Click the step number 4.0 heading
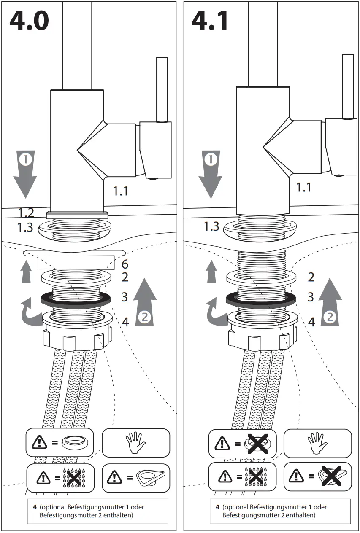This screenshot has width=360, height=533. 29,21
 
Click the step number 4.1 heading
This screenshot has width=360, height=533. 210,21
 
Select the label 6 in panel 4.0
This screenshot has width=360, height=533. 125,264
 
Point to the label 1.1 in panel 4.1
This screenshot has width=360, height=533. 303,187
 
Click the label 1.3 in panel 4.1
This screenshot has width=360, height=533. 211,226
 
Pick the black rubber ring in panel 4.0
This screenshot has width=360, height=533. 76,299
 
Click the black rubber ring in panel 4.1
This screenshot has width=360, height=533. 261,299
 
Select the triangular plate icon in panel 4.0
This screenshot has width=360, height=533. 151,478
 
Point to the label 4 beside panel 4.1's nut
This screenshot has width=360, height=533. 311,322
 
